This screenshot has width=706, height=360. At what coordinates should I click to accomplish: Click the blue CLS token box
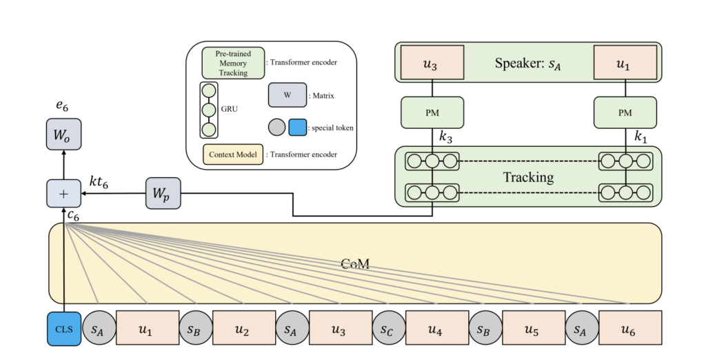pyautogui.click(x=64, y=328)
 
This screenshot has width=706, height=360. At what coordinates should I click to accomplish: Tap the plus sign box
pyautogui.click(x=63, y=194)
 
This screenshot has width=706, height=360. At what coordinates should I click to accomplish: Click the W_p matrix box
pyautogui.click(x=163, y=194)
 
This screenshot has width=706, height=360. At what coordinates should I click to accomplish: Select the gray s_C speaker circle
pyautogui.click(x=387, y=328)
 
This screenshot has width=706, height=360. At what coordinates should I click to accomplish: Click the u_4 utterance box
pyautogui.click(x=435, y=328)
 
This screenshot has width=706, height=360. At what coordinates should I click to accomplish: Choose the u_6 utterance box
pyautogui.click(x=629, y=328)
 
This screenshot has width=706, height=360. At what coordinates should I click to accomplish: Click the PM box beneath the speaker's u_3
pyautogui.click(x=432, y=112)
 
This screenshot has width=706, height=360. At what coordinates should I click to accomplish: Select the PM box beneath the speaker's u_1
pyautogui.click(x=625, y=112)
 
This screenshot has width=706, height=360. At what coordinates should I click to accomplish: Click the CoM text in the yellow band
pyautogui.click(x=354, y=263)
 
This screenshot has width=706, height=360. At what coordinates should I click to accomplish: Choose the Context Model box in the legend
pyautogui.click(x=232, y=154)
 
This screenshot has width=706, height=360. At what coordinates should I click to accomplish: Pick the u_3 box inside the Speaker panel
pyautogui.click(x=432, y=64)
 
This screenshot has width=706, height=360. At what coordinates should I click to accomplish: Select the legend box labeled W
pyautogui.click(x=287, y=96)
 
